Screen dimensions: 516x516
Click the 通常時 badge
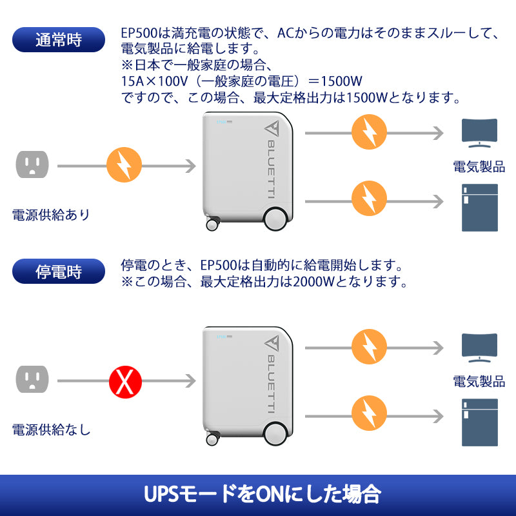pos(59,39)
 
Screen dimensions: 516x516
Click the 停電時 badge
pos(59,271)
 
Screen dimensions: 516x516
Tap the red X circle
pos(124,381)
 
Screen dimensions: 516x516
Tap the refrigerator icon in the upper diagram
pos(480,208)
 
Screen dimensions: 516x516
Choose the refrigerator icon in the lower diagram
pos(480,423)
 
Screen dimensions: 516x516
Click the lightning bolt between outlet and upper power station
pos(124,166)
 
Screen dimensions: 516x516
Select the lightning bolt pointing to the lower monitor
pos(369,347)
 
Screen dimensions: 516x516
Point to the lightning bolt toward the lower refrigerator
pos(369,413)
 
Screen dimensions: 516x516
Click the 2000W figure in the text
pos(313,282)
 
